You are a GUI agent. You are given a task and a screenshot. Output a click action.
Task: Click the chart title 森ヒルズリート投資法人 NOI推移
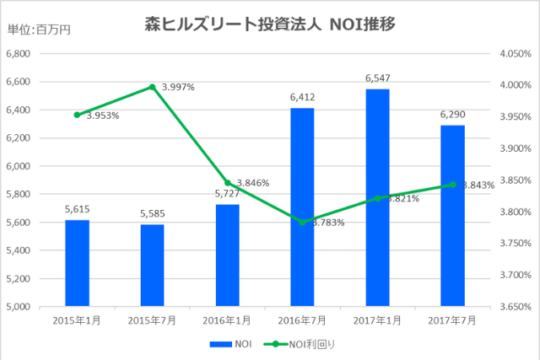tap(271, 24)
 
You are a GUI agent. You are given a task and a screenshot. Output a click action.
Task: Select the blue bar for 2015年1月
tap(77, 262)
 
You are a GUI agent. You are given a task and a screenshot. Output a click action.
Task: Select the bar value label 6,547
tap(377, 78)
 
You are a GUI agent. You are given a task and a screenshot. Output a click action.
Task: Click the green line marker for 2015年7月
tap(152, 87)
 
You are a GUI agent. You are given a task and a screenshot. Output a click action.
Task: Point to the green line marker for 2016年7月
tap(302, 222)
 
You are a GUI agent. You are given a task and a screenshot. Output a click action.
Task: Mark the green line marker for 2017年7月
tap(452, 185)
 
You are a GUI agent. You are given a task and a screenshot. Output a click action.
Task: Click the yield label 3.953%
tap(102, 115)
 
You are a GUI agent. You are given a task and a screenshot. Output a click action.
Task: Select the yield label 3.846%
tap(253, 182)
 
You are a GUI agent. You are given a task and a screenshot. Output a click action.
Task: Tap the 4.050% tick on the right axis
tap(514, 54)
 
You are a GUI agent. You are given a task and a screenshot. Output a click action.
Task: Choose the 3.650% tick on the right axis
tap(514, 306)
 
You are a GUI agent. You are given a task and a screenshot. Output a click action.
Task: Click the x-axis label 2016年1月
tap(227, 320)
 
